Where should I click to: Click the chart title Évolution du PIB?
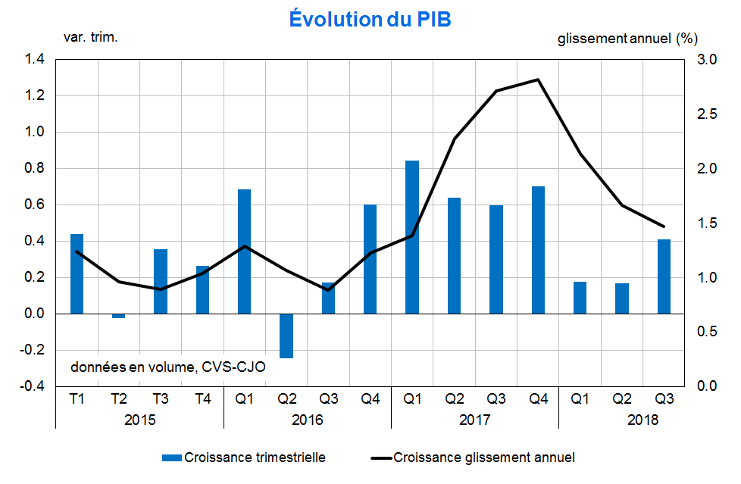370,19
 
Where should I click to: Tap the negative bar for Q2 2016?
286,336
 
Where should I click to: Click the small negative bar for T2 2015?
118,316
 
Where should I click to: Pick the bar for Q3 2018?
664,276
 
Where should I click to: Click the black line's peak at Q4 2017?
538,80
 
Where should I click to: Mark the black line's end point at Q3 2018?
664,226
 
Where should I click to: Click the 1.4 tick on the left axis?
36,59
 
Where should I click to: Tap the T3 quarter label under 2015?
160,399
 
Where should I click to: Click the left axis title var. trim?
90,36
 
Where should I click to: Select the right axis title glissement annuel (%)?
627,37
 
